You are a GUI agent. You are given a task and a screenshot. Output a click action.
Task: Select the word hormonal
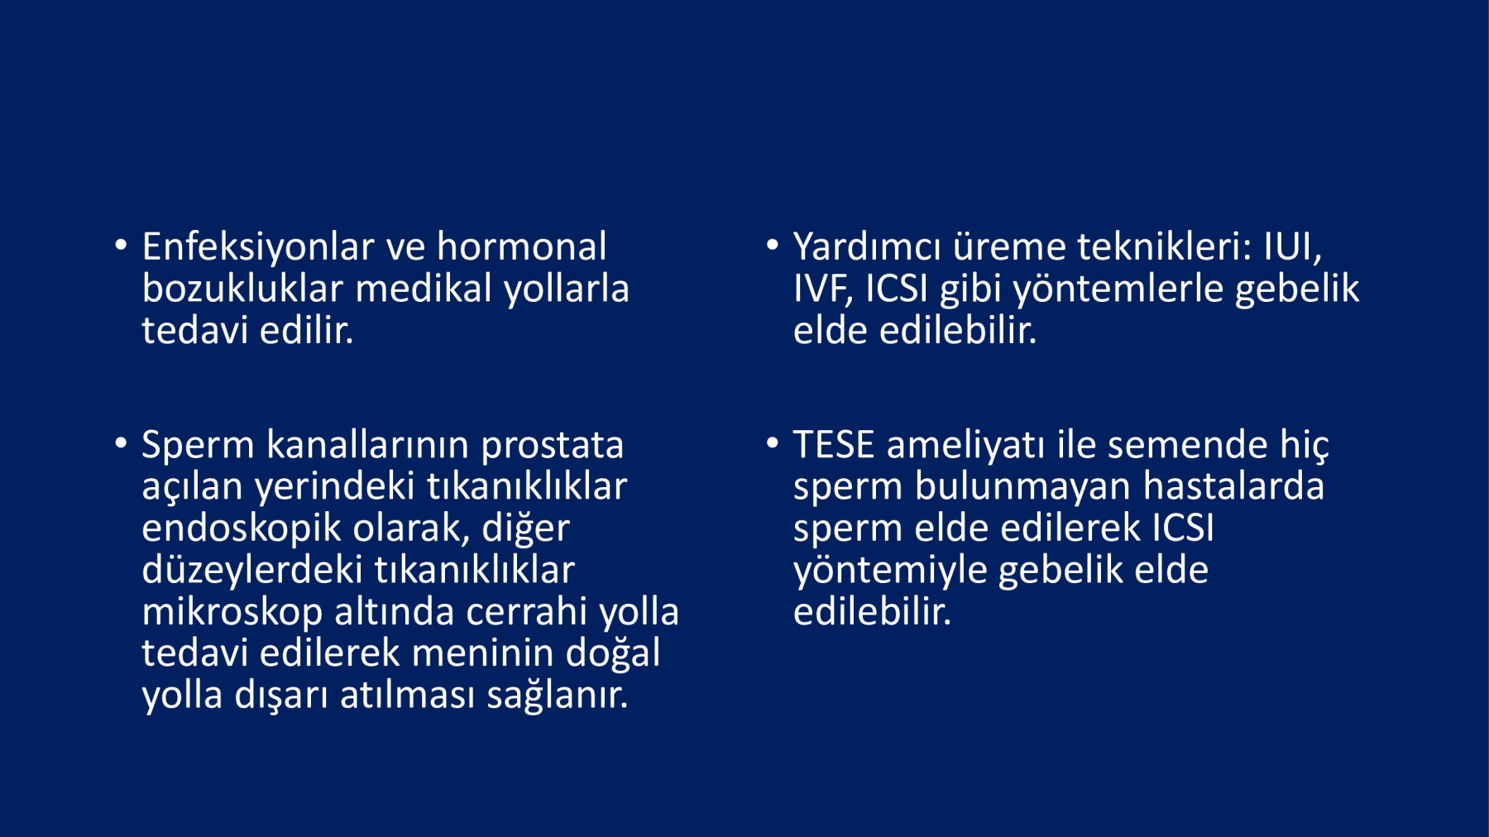522,246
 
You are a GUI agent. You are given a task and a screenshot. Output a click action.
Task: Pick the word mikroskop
232,613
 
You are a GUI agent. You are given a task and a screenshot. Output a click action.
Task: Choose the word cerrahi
527,612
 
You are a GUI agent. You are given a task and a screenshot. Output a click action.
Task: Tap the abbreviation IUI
1292,247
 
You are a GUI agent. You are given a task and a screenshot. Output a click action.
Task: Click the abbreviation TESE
834,446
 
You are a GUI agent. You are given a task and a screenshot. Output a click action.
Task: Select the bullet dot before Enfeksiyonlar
122,245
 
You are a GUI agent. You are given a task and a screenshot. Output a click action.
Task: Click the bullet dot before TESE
773,443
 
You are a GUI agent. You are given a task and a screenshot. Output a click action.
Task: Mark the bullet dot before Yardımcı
773,245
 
